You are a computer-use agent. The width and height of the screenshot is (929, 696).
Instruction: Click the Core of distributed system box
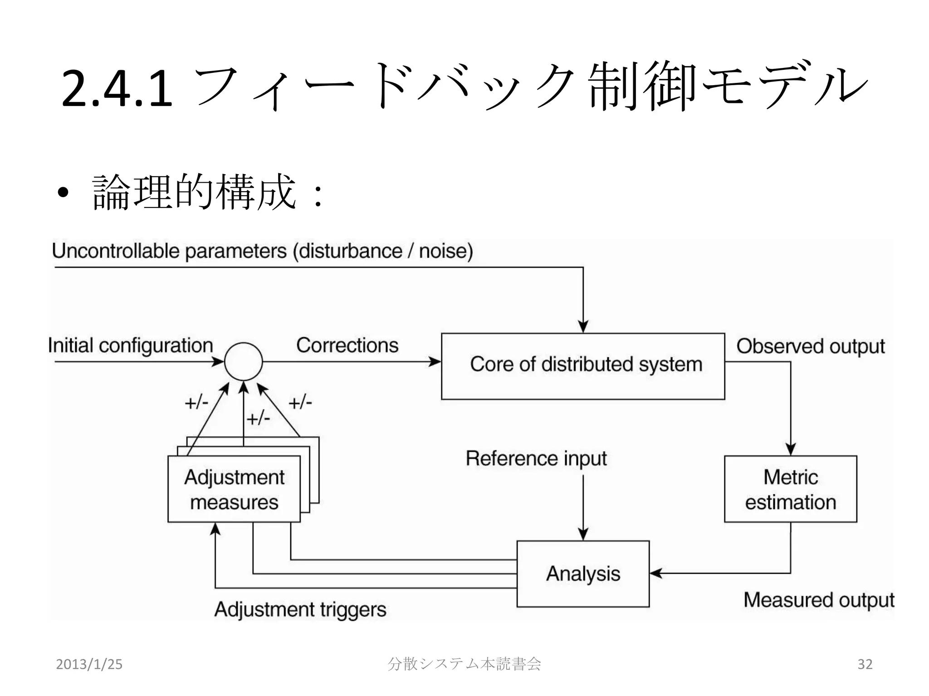click(x=583, y=366)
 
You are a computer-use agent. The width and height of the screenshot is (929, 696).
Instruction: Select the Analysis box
click(x=583, y=574)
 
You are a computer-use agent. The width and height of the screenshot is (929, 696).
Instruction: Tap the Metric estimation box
click(x=790, y=489)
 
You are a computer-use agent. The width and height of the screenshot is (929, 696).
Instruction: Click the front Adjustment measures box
click(x=234, y=489)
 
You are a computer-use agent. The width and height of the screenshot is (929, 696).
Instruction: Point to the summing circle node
click(x=244, y=362)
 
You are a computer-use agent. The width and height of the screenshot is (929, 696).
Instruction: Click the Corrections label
click(x=347, y=345)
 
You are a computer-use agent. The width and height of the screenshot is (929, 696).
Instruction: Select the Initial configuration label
click(x=131, y=346)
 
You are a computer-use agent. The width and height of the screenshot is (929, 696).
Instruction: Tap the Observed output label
click(x=810, y=346)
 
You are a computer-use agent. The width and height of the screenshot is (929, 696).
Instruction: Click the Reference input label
click(x=536, y=459)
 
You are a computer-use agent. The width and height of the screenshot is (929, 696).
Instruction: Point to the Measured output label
click(x=818, y=600)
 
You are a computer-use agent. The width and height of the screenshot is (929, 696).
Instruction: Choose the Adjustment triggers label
click(x=300, y=609)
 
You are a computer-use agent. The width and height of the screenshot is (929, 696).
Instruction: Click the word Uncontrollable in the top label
click(x=116, y=251)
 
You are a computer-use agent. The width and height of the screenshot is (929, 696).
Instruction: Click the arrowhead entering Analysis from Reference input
click(x=583, y=535)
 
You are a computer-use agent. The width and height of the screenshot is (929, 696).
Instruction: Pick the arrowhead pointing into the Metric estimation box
click(x=791, y=449)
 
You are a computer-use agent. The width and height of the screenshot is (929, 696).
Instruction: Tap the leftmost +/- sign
click(x=196, y=402)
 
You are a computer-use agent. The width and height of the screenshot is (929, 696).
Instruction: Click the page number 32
click(x=865, y=664)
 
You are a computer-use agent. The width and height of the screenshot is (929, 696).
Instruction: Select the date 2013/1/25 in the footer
click(x=89, y=664)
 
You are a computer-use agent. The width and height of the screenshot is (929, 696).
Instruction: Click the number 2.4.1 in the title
click(x=117, y=88)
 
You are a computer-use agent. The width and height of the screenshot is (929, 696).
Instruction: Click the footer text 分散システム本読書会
click(x=464, y=664)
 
